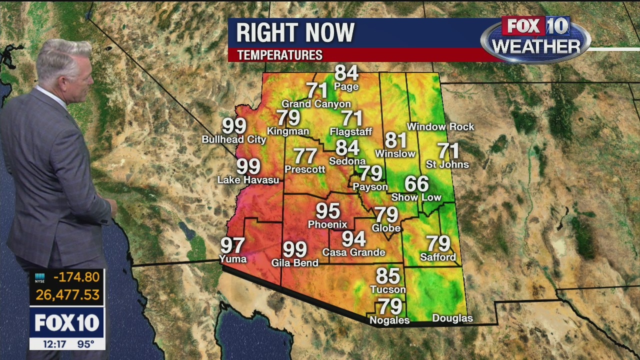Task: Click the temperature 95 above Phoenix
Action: point(328,211)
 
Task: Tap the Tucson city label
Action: point(388,289)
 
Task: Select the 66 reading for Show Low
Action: point(416,184)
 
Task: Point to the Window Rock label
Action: point(440,127)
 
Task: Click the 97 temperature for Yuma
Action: point(232,245)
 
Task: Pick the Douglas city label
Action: point(452,318)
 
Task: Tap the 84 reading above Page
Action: point(346,73)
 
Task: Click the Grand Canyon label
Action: point(316,104)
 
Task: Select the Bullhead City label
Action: point(234,139)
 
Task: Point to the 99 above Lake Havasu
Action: point(248,166)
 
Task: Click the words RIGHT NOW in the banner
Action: point(295,33)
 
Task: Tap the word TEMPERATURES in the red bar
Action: point(279,55)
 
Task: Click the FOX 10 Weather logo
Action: point(535,39)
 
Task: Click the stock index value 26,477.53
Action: point(67,294)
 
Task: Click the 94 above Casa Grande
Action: point(353,239)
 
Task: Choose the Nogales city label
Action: point(389,320)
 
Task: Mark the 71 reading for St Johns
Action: point(448,150)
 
